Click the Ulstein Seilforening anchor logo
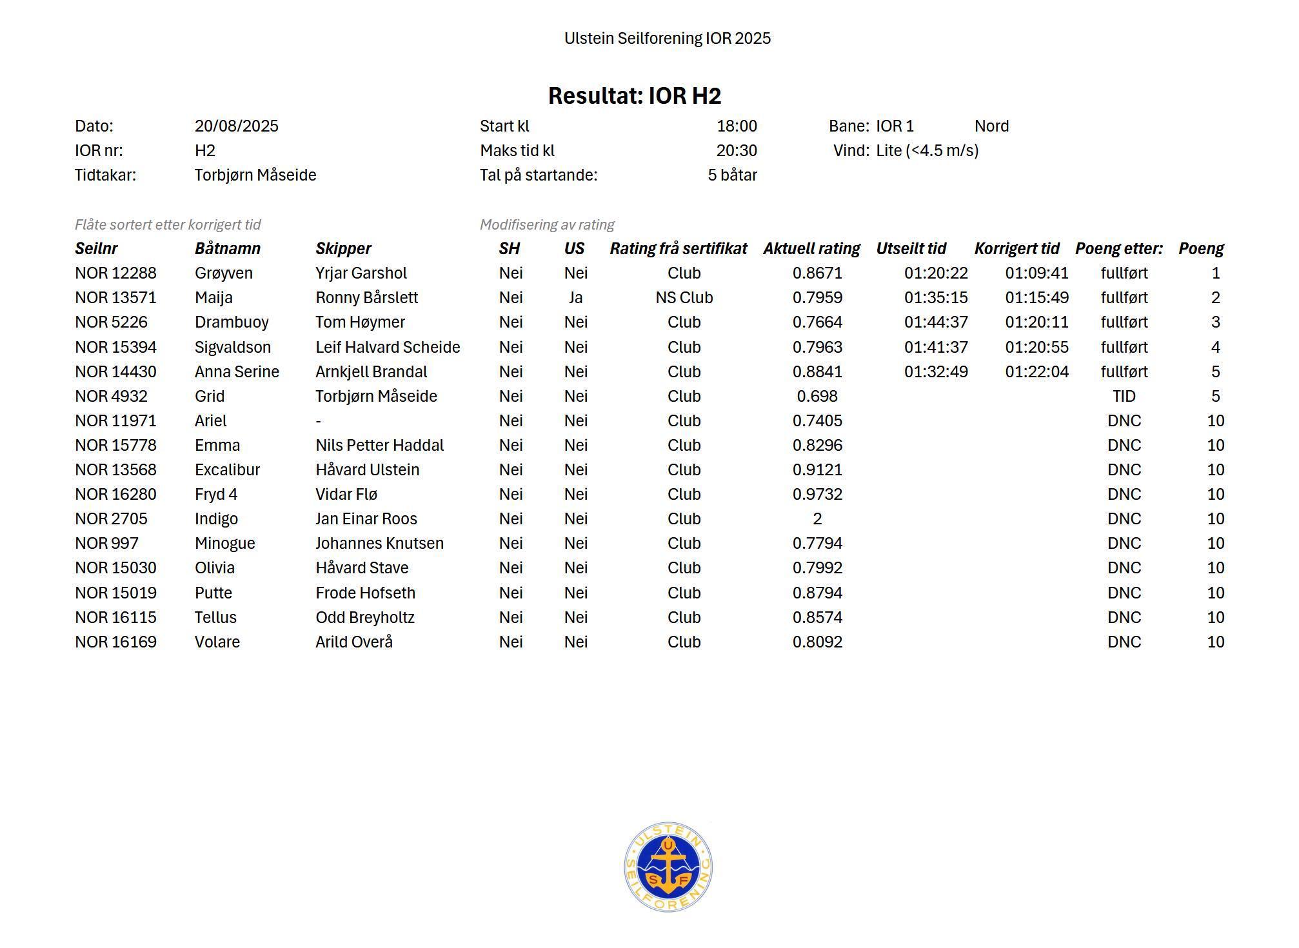pyautogui.click(x=668, y=867)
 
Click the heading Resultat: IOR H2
pyautogui.click(x=634, y=96)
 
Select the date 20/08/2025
pyautogui.click(x=236, y=126)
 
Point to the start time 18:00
pyautogui.click(x=737, y=126)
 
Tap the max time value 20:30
pyautogui.click(x=736, y=151)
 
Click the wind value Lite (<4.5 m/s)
pyautogui.click(x=927, y=151)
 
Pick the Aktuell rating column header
pyautogui.click(x=811, y=249)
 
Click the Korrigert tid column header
pyautogui.click(x=1016, y=249)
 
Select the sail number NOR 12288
pyautogui.click(x=115, y=273)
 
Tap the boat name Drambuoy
pyautogui.click(x=232, y=322)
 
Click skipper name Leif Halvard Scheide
pyautogui.click(x=388, y=348)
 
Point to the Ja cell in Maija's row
pyautogui.click(x=575, y=298)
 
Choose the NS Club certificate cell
pyautogui.click(x=684, y=298)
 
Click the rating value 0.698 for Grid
pyautogui.click(x=817, y=397)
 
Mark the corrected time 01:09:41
pyautogui.click(x=1036, y=273)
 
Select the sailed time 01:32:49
pyautogui.click(x=936, y=372)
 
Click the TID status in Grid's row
pyautogui.click(x=1124, y=397)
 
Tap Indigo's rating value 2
pyautogui.click(x=817, y=519)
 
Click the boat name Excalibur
pyautogui.click(x=227, y=470)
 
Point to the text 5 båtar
pyautogui.click(x=732, y=175)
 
